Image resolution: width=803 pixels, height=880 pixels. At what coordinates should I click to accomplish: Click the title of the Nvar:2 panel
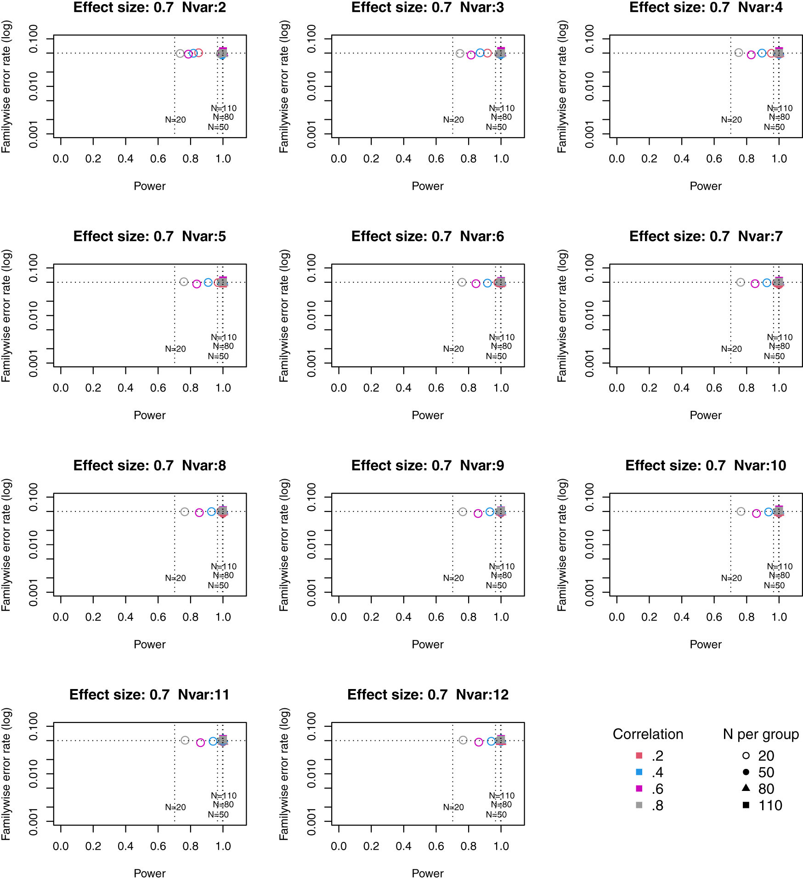149,7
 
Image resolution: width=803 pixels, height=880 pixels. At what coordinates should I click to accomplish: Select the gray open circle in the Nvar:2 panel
180,54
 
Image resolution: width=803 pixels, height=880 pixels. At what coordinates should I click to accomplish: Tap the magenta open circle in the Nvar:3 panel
471,55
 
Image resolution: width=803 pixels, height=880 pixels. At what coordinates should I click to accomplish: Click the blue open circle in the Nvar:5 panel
208,282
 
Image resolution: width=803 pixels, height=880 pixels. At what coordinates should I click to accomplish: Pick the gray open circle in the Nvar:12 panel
463,740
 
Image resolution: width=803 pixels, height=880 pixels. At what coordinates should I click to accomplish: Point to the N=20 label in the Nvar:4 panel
731,120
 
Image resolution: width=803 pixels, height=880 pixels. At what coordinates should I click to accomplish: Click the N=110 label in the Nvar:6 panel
502,337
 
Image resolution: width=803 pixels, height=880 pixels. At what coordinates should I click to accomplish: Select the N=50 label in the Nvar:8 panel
218,585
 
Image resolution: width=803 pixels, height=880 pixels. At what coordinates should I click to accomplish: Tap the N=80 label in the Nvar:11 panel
223,804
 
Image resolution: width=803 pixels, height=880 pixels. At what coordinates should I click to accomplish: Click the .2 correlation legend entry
657,756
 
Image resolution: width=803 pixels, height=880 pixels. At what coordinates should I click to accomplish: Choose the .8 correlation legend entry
657,805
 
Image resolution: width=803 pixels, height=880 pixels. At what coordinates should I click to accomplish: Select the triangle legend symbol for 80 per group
746,788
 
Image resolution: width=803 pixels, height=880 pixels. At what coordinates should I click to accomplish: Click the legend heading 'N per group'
761,734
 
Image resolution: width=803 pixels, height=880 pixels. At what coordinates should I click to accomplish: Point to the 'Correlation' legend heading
648,734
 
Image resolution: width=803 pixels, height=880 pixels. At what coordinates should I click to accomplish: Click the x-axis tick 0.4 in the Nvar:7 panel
682,388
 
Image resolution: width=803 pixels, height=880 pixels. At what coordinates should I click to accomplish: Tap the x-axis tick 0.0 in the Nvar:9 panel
339,617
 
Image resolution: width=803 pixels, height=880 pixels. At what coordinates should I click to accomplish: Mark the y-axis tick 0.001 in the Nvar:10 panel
589,592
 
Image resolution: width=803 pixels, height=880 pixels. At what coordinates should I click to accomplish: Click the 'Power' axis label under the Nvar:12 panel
427,873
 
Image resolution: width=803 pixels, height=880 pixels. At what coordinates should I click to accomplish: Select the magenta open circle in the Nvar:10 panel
757,513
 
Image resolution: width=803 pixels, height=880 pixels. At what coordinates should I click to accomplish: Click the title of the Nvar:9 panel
427,465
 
